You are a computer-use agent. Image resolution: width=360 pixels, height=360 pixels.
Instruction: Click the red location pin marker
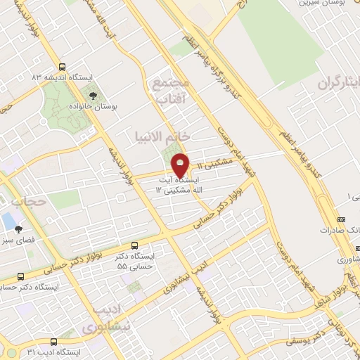click(x=181, y=165)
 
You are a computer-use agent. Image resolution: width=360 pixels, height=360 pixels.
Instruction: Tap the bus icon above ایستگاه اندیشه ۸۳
click(x=63, y=65)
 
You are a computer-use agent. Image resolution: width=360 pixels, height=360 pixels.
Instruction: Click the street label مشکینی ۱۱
click(x=212, y=165)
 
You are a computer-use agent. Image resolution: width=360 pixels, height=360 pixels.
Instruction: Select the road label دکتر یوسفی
click(x=309, y=340)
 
